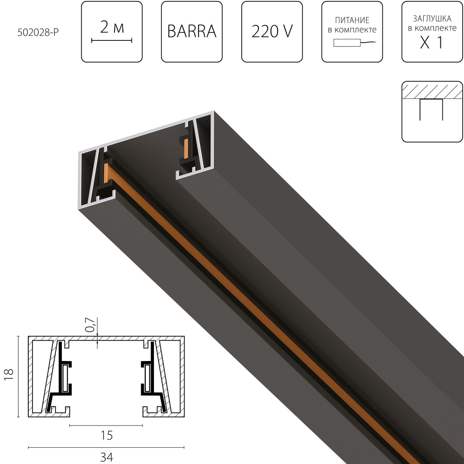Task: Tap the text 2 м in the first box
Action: coord(112,28)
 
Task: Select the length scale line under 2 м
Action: coord(112,41)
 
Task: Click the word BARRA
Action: coord(192,32)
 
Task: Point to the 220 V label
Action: coord(272,32)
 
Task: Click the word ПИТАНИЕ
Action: coord(352,21)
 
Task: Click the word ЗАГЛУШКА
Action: coord(432,19)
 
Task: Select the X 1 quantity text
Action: coord(432,43)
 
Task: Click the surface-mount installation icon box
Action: coord(432,111)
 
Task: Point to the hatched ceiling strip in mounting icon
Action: coord(432,91)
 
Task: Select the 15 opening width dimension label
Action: coord(106,435)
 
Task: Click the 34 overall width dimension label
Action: coord(106,458)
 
